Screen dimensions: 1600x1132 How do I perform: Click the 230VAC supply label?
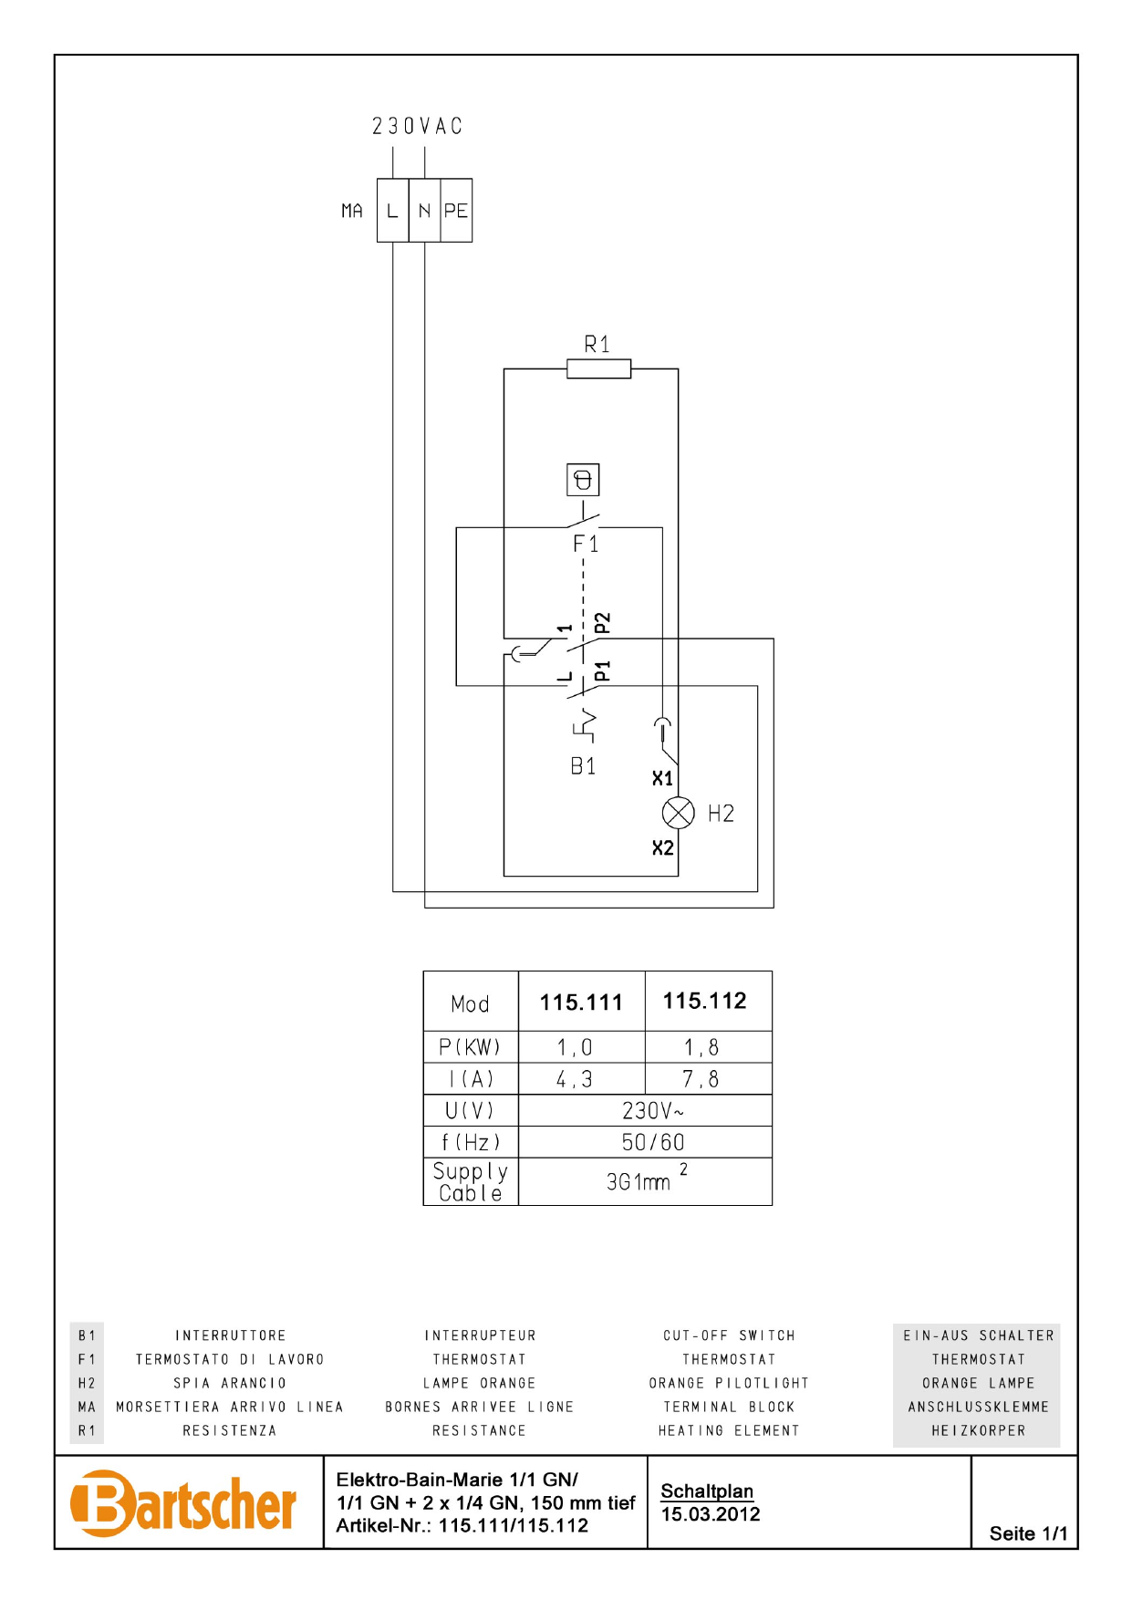coord(417,126)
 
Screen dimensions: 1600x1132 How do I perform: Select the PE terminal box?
coord(456,211)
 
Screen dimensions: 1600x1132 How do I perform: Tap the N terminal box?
coord(424,211)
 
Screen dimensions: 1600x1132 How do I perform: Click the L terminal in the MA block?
coord(392,211)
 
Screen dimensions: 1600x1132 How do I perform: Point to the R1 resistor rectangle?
coord(598,369)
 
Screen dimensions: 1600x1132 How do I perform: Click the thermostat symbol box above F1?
coord(583,480)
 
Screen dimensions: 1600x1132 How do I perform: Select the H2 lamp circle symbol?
coord(678,813)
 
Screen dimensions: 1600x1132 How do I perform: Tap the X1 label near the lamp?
coord(662,778)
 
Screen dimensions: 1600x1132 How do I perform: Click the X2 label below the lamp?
coord(662,848)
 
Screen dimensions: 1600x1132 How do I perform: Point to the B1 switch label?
coord(583,766)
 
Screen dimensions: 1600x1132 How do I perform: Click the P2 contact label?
coord(602,623)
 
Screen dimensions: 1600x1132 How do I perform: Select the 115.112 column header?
coord(704,1001)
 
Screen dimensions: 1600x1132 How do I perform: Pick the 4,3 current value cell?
coord(575,1079)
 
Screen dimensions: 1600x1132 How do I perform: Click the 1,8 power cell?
coord(701,1047)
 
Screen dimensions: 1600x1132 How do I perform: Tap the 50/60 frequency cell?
coord(652,1142)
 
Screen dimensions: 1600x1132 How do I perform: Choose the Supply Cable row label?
coord(471,1181)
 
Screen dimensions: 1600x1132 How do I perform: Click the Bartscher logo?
coord(183,1503)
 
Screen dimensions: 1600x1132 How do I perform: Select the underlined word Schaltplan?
coord(707,1491)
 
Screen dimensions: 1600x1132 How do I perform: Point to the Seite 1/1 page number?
coord(1028,1533)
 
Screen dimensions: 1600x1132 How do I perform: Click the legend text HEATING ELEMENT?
coord(729,1430)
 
